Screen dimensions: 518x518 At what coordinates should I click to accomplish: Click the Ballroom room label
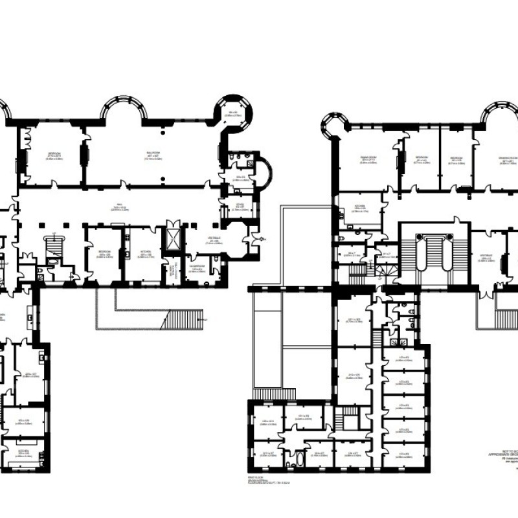[153, 155]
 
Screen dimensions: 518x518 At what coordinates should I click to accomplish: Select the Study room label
[240, 206]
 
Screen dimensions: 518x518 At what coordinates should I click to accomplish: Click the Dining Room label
[368, 157]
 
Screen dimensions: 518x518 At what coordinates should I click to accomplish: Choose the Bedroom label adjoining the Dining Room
[422, 158]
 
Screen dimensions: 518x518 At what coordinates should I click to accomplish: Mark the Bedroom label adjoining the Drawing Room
[456, 158]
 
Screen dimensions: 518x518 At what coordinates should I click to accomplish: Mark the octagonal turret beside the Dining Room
[335, 124]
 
